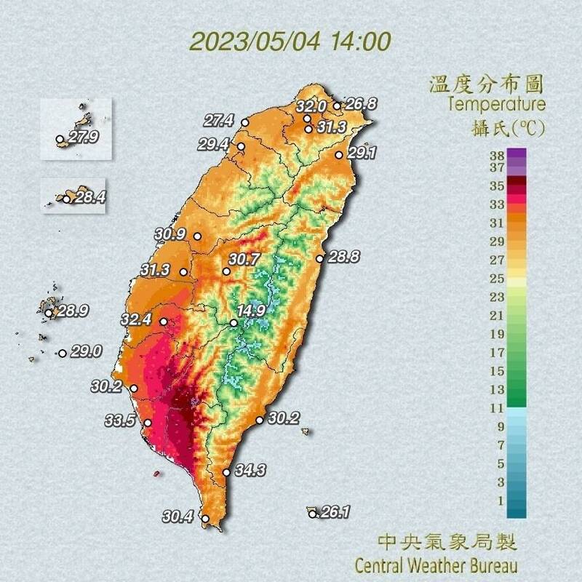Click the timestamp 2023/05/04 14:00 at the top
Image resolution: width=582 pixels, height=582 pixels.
click(290, 40)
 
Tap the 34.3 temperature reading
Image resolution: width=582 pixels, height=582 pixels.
click(250, 470)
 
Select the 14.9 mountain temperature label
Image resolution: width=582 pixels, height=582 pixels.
click(251, 311)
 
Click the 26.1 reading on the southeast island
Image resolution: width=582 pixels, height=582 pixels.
click(335, 512)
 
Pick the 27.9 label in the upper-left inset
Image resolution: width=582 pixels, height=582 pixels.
click(83, 137)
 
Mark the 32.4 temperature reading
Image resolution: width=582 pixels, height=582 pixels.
click(136, 319)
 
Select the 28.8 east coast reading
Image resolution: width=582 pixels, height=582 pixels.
click(344, 257)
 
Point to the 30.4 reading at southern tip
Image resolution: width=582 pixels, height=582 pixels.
click(178, 517)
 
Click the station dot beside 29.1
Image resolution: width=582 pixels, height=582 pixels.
click(339, 154)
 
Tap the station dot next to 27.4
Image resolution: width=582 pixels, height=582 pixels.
click(245, 122)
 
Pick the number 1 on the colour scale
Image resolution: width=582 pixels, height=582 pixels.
click(499, 500)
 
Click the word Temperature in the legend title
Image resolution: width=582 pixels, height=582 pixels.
click(496, 104)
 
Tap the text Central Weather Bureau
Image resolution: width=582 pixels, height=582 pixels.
click(436, 565)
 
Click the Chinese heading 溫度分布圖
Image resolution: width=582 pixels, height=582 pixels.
click(487, 82)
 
